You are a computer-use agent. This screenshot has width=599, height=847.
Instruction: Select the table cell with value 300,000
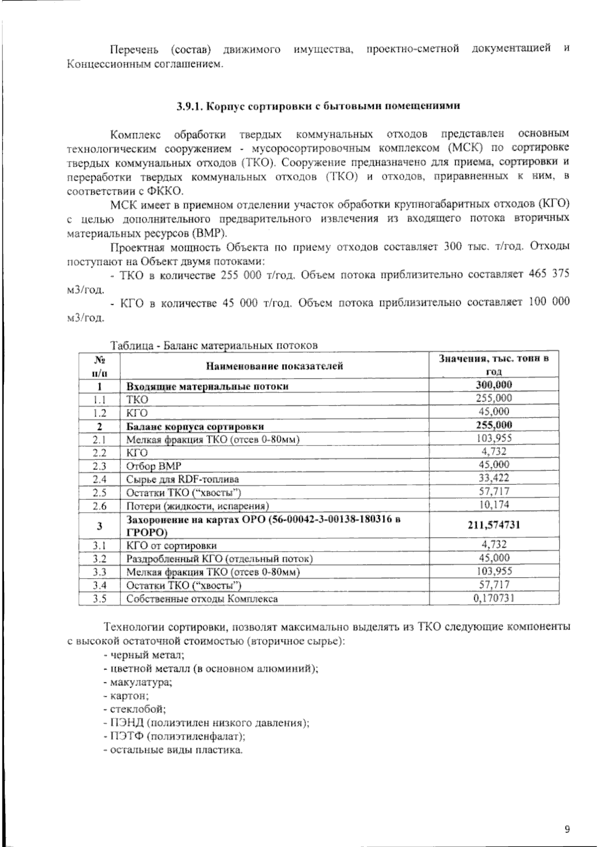point(494,384)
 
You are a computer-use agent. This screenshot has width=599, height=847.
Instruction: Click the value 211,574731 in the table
point(494,525)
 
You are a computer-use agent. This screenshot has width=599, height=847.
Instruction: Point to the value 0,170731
point(494,598)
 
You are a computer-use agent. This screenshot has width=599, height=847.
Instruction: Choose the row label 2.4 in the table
point(99,478)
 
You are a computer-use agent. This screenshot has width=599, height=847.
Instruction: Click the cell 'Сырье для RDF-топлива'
point(182,479)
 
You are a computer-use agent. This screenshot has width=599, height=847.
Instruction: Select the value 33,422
point(494,478)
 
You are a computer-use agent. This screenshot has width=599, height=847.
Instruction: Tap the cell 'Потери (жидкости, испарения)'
point(198,506)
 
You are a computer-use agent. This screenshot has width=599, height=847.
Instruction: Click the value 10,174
point(494,505)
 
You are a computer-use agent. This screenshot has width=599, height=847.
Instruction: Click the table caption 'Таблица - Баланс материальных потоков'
point(214,346)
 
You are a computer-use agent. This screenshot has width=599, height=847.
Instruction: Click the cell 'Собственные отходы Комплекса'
point(202,599)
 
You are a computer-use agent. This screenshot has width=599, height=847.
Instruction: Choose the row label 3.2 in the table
point(99,558)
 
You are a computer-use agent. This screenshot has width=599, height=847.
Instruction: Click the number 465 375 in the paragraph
point(549,274)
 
